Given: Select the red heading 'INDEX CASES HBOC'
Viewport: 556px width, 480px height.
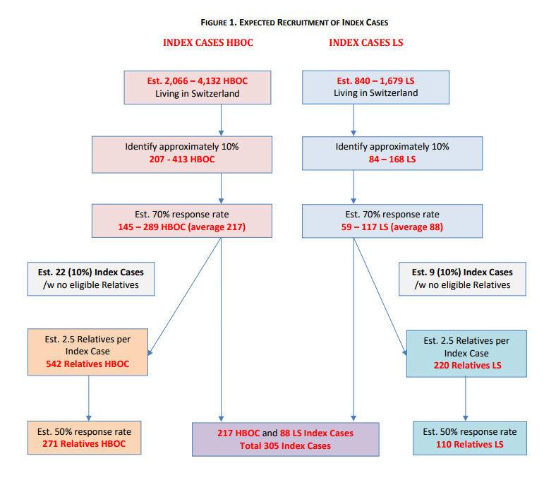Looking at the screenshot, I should click(208, 43).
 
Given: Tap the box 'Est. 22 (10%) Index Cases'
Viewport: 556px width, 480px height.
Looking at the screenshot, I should click(91, 278).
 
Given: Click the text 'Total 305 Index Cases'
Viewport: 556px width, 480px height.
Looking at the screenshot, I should click(286, 445).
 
